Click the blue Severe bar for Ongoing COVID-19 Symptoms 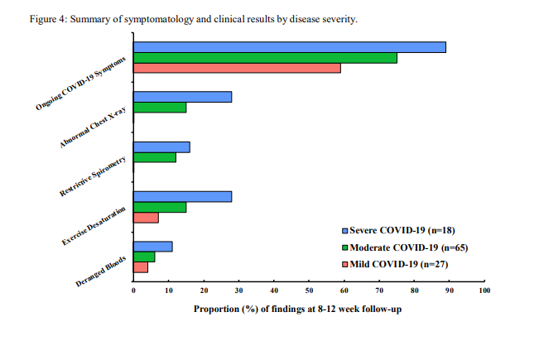point(290,47)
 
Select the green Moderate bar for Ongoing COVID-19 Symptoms point(265,58)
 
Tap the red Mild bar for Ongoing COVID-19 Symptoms point(237,68)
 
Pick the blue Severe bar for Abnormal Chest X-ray point(182,97)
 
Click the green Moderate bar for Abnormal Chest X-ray point(160,108)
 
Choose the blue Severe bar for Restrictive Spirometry point(161,146)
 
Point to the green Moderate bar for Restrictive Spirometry point(155,157)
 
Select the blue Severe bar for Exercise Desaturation point(182,196)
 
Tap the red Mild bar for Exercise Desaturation point(146,218)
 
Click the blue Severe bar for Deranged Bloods point(153,246)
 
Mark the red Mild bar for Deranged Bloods point(141,267)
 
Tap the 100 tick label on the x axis point(484,290)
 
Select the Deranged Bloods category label point(101,271)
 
